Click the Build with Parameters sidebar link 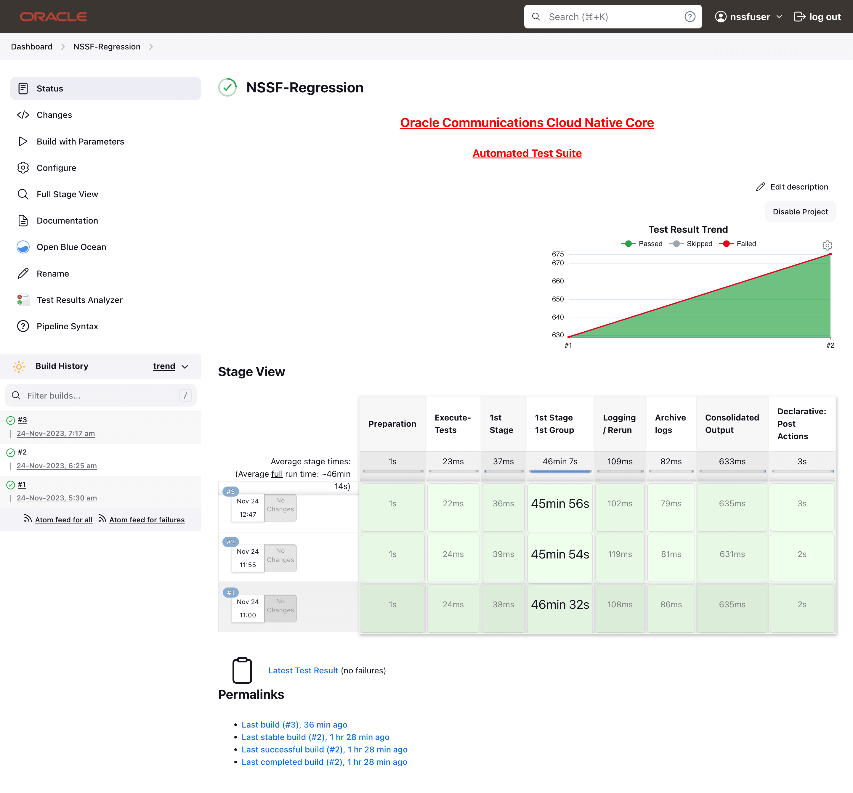[x=80, y=142]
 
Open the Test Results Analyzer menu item [x=79, y=300]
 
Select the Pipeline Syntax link [x=67, y=326]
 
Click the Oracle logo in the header [x=54, y=17]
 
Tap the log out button [x=817, y=17]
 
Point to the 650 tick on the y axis [x=558, y=299]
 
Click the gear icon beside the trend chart [x=827, y=245]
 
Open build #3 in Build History [x=22, y=420]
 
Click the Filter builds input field [x=101, y=395]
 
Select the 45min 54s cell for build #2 [x=560, y=554]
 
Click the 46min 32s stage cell [x=560, y=604]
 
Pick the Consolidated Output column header [x=732, y=424]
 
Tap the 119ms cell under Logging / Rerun [x=620, y=554]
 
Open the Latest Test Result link [x=303, y=670]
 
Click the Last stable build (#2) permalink [x=315, y=737]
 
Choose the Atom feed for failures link [x=147, y=520]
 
